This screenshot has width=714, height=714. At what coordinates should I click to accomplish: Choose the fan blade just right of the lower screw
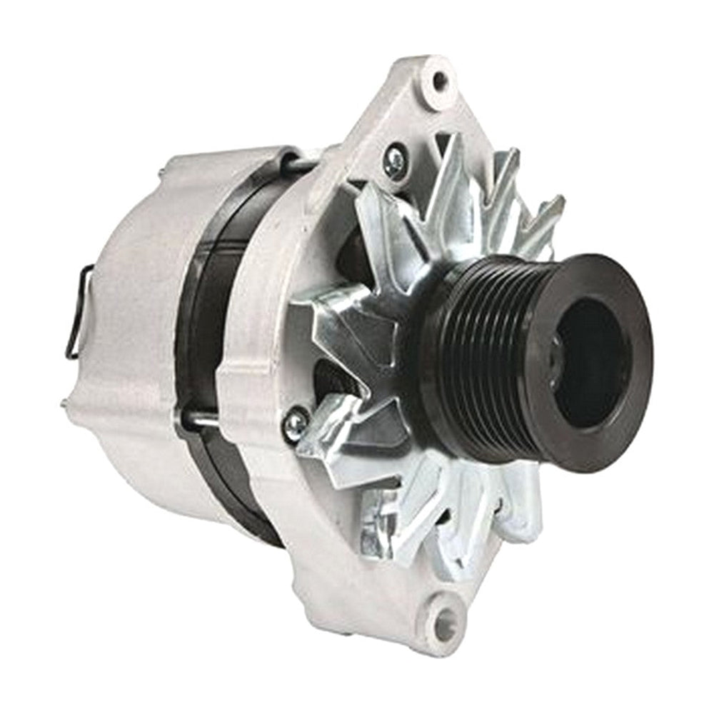tap(336, 436)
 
